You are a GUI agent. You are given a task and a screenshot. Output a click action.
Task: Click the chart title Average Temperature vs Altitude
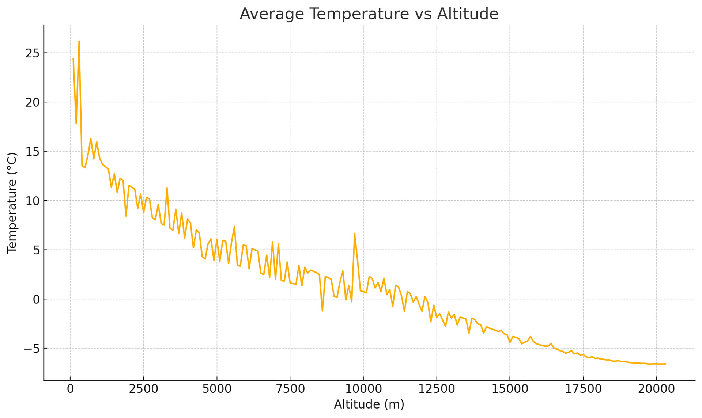tap(369, 14)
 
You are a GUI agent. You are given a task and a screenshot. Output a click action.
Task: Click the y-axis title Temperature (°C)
tap(12, 203)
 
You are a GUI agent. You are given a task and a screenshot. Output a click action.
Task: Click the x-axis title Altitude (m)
tap(369, 404)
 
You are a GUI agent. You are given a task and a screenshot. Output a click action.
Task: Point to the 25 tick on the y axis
tap(32, 53)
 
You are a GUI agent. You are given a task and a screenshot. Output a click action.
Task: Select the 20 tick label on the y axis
tap(32, 103)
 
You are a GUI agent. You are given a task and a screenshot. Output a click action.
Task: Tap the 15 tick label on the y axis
tap(32, 152)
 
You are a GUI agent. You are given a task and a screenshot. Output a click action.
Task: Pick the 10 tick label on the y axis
tap(32, 201)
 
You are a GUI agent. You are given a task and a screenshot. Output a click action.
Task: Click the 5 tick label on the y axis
tap(36, 250)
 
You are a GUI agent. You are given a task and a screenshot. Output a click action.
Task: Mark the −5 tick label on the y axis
tap(31, 349)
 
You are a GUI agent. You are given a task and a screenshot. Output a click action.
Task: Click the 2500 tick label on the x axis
tap(143, 389)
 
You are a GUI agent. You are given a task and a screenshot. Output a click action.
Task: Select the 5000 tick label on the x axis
tap(217, 389)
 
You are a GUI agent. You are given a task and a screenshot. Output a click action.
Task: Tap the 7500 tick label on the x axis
tap(290, 389)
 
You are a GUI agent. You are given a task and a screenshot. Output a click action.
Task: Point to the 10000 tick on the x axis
tap(363, 389)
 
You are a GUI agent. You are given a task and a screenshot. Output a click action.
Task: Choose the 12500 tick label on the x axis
tap(437, 389)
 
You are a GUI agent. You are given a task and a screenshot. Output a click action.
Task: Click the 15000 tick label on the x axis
tap(510, 389)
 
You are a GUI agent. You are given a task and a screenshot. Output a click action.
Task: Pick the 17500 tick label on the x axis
tap(583, 389)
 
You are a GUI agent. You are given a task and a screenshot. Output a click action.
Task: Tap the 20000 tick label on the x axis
tap(657, 389)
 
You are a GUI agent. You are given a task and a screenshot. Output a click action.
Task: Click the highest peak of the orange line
tap(79, 41)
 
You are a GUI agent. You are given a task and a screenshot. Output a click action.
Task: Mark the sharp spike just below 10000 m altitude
tap(354, 233)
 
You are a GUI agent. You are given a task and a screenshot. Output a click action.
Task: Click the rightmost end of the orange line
tap(665, 364)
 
